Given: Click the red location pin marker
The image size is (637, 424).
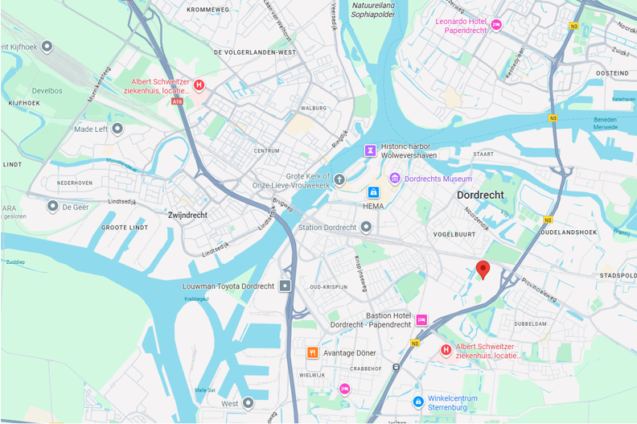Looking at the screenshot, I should (483, 270).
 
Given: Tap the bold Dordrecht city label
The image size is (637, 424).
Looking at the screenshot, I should (480, 195).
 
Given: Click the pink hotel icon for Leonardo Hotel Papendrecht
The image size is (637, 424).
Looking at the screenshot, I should (496, 25).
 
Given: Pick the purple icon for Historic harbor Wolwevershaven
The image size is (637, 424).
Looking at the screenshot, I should (370, 150).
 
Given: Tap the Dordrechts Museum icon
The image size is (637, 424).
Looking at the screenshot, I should (394, 179).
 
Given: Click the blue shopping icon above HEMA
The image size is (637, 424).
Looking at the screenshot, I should (373, 192).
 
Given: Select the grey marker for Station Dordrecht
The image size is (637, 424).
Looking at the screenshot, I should (367, 227).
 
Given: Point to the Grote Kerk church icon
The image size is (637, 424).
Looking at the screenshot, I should (339, 179).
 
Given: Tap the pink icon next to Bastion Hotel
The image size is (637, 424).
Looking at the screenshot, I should (421, 320).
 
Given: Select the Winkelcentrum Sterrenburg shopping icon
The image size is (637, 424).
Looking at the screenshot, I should (417, 401).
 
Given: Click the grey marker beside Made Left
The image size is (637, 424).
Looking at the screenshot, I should (117, 129).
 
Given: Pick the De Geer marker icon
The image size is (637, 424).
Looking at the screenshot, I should (53, 206).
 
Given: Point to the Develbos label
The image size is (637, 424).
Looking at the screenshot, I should (47, 91).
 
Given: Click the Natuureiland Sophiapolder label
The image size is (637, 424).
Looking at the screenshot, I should (373, 10).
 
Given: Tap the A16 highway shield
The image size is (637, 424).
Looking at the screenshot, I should (177, 101).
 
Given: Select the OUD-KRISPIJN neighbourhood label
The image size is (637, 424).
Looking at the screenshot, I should (329, 286).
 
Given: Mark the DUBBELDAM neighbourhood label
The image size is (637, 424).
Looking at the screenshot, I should (530, 323).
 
